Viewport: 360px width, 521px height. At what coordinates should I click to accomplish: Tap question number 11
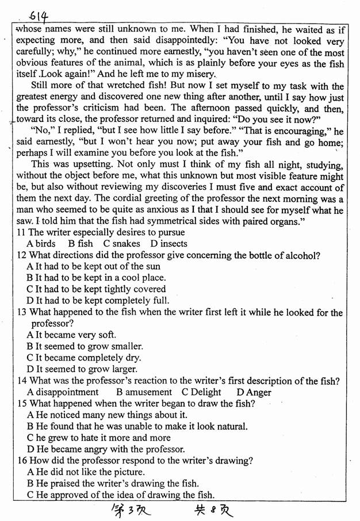[x=21, y=232]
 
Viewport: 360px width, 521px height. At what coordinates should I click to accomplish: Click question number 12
[x=22, y=255]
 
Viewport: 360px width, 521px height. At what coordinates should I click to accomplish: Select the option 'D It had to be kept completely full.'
[x=98, y=300]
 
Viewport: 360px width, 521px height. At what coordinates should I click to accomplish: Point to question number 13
[x=22, y=312]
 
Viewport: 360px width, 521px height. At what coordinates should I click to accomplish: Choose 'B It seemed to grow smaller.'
[x=85, y=346]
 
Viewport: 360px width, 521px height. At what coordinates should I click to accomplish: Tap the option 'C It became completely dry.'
[x=82, y=358]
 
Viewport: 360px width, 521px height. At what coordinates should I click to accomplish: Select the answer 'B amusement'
[x=144, y=392]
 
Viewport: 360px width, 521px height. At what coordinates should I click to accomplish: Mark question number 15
[x=22, y=403]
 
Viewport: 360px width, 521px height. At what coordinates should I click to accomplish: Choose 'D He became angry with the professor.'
[x=106, y=449]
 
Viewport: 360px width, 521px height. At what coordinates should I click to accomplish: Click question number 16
[x=22, y=460]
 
